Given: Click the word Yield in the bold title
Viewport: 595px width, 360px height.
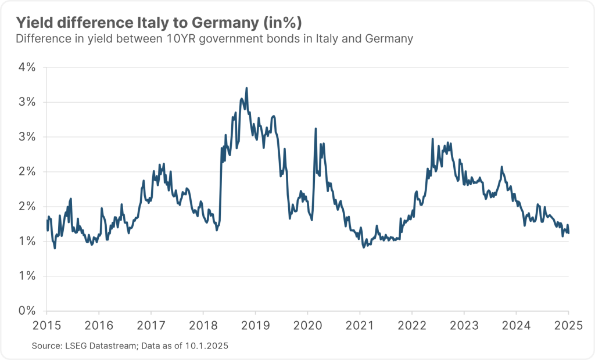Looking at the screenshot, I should pyautogui.click(x=33, y=23).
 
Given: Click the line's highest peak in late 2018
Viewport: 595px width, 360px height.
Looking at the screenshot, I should pyautogui.click(x=247, y=88).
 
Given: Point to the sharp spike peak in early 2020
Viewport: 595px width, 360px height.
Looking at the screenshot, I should pyautogui.click(x=316, y=128).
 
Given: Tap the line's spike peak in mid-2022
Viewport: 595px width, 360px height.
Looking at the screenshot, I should pyautogui.click(x=433, y=139).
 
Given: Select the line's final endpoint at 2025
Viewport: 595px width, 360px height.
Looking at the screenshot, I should pyautogui.click(x=568, y=233).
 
